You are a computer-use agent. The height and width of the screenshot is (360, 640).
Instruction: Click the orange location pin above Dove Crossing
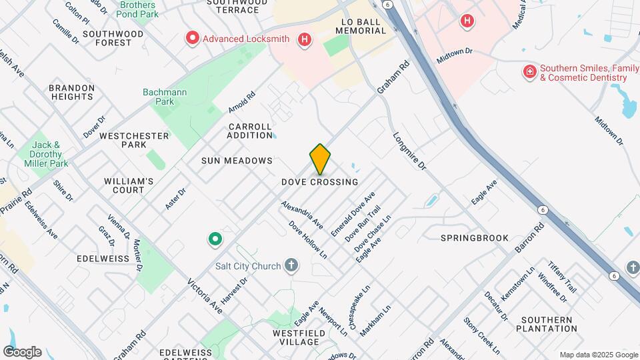(x=320, y=159)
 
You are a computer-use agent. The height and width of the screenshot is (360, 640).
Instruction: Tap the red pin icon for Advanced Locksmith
(x=193, y=39)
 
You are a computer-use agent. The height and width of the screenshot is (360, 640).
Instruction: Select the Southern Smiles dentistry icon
(x=530, y=71)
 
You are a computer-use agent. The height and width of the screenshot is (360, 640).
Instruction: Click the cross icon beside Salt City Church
(x=291, y=266)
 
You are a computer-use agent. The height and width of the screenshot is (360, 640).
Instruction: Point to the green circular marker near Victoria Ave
(x=215, y=239)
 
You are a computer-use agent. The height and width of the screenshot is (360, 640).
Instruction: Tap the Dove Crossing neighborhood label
(x=320, y=182)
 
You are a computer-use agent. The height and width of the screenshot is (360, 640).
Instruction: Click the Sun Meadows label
(x=237, y=161)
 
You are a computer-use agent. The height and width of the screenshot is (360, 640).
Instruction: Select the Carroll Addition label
(x=250, y=131)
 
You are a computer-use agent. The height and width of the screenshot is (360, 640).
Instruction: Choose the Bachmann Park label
(x=159, y=97)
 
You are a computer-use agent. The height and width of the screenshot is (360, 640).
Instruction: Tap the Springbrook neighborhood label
(x=475, y=238)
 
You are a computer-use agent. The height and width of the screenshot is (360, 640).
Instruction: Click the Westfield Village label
(x=295, y=337)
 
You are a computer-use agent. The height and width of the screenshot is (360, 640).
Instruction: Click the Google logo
(x=21, y=352)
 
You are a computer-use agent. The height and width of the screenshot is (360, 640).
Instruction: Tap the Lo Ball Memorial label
(x=369, y=26)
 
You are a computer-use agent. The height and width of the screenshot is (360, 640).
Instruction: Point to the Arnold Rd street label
(x=241, y=101)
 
